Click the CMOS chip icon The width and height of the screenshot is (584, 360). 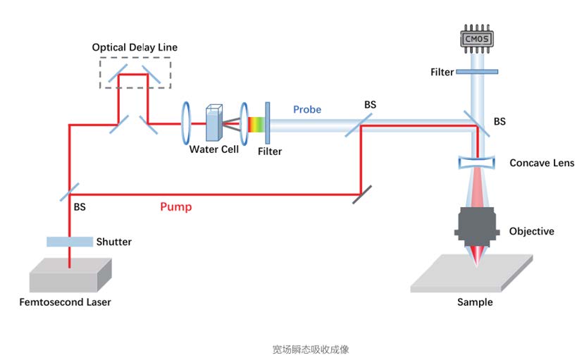tap(473, 38)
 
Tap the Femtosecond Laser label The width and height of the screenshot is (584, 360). tap(65, 302)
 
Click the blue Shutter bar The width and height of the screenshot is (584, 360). tap(70, 242)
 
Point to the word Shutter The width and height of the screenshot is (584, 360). tap(114, 242)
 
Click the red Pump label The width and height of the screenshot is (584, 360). tap(175, 207)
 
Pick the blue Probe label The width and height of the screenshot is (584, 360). tap(307, 109)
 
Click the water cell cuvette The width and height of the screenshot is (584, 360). tap(214, 123)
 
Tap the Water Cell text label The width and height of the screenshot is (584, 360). tap(214, 149)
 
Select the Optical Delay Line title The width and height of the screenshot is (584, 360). tap(135, 47)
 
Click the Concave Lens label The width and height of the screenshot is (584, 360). tap(542, 163)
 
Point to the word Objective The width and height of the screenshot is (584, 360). tap(531, 231)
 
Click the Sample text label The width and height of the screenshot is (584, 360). tap(475, 302)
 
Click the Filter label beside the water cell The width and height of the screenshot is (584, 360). tap(270, 151)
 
